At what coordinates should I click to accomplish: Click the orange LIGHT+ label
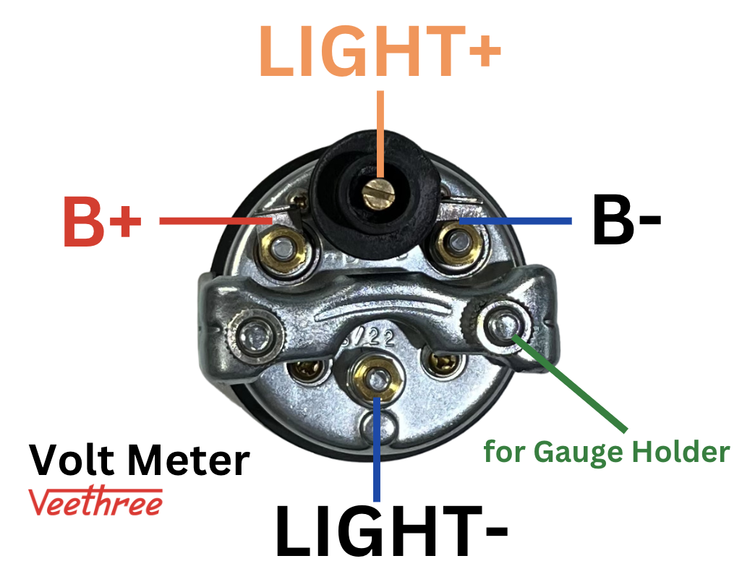379,51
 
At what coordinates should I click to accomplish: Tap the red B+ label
101,221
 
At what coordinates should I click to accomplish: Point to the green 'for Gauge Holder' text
606,453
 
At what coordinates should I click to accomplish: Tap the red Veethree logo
95,502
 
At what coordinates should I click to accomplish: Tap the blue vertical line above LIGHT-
376,448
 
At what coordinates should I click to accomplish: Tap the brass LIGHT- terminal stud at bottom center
375,376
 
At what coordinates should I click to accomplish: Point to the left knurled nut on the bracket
252,335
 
